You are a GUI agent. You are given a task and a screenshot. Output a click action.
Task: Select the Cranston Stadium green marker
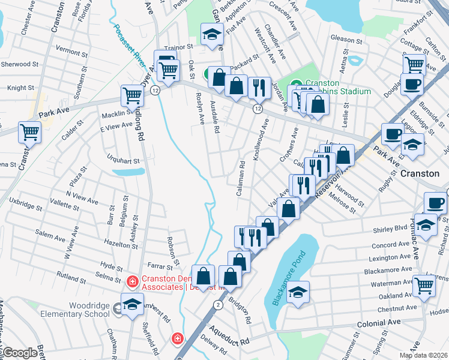click(296, 85)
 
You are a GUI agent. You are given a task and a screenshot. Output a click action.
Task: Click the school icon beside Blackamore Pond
click(297, 292)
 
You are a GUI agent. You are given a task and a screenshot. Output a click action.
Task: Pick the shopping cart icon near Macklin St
click(132, 94)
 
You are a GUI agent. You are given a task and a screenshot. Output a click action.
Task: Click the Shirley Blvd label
click(390, 228)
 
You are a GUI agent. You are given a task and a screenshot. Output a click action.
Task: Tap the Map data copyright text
click(423, 355)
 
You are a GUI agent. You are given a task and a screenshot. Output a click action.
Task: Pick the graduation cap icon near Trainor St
click(212, 34)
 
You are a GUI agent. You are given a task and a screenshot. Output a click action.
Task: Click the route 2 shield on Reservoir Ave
click(217, 305)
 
